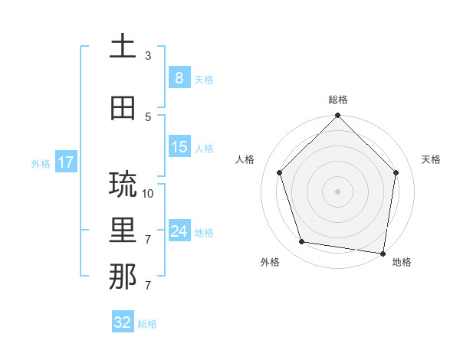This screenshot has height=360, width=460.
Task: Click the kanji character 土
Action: point(123,47)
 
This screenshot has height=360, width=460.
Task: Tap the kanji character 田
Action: point(123,107)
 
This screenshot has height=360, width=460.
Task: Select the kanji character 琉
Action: point(123,185)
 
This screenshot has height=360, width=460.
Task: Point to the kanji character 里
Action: point(123,231)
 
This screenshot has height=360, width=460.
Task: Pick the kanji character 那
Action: point(123,277)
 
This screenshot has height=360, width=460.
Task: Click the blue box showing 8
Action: point(179,78)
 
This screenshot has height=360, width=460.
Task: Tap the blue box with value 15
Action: point(179,146)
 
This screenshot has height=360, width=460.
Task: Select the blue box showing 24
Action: point(179,231)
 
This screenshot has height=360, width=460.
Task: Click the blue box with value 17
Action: point(65,162)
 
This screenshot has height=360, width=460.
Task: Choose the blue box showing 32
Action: point(123,322)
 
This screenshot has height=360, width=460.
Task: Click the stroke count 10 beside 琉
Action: point(148,193)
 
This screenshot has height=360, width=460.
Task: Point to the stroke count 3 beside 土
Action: point(148,56)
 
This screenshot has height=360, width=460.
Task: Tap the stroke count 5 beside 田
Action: point(148,116)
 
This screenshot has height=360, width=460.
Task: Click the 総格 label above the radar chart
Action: point(338,100)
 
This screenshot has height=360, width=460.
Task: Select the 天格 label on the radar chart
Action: point(432,159)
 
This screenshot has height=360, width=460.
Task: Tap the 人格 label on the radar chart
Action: point(245,159)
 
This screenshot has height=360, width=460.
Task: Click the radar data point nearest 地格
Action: point(383,253)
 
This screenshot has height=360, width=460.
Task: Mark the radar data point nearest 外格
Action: point(302,242)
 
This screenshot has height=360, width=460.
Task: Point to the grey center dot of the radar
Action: point(338,191)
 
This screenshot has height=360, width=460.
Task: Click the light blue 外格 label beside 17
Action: point(41,163)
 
